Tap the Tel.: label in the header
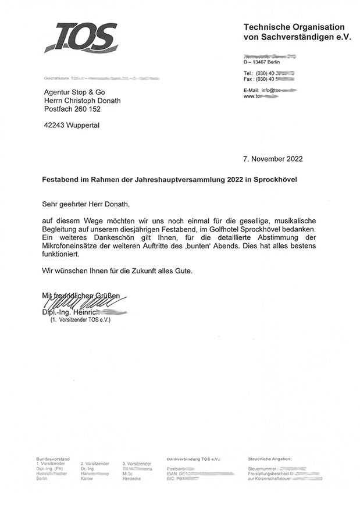(249, 73)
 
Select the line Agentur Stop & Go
(75, 91)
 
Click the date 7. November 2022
(272, 158)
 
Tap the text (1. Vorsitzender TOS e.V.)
(80, 320)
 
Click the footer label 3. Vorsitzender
(137, 464)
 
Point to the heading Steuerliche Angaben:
(270, 459)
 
